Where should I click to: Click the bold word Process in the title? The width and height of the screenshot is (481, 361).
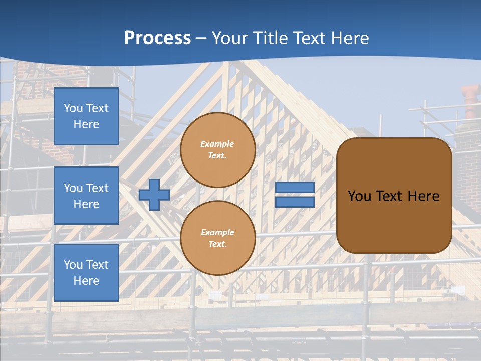[157, 38]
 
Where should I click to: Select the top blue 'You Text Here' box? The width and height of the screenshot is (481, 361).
[86, 116]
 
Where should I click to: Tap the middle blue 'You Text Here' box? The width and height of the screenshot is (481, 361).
[86, 196]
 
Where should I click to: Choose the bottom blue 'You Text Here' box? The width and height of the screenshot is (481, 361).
[86, 272]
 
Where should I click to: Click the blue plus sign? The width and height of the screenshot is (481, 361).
[154, 195]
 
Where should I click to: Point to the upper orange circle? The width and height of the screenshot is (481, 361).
[218, 150]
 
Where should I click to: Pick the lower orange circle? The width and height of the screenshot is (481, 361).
[218, 238]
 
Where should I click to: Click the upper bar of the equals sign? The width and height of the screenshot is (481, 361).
[295, 187]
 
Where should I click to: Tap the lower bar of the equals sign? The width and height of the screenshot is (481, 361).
[295, 202]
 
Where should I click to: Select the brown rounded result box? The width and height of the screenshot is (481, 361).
[394, 196]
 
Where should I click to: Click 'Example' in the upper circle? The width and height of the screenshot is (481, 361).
[217, 144]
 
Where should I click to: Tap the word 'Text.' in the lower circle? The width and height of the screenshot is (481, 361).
[217, 244]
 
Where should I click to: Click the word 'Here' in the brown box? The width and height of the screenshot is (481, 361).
[423, 196]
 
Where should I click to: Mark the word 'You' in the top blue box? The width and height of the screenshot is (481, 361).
[73, 108]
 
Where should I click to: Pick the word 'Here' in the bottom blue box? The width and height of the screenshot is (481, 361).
[86, 281]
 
